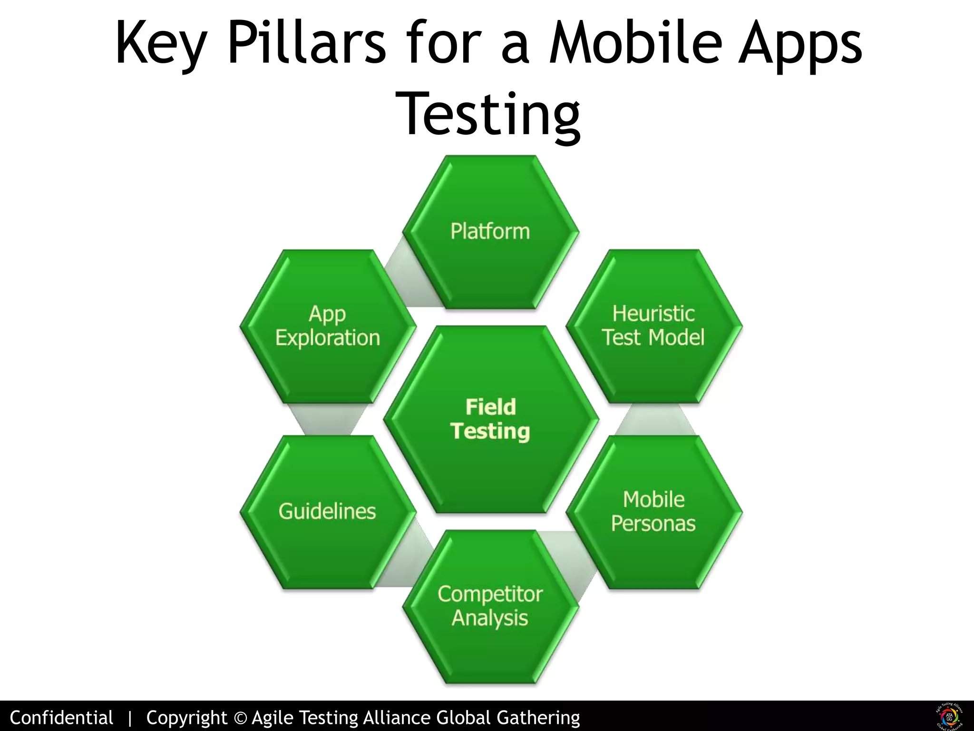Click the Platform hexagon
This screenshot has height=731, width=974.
click(490, 232)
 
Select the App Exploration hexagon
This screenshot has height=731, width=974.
click(328, 326)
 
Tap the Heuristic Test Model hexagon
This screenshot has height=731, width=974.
click(653, 326)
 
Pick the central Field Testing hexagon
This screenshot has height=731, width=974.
click(490, 419)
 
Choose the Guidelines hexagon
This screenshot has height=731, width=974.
click(328, 512)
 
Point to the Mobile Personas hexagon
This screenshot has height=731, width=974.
click(653, 512)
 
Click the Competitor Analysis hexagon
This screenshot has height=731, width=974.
click(490, 606)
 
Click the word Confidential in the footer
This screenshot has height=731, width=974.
click(61, 717)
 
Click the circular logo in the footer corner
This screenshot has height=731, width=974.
click(949, 716)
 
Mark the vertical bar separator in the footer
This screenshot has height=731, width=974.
click(129, 718)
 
